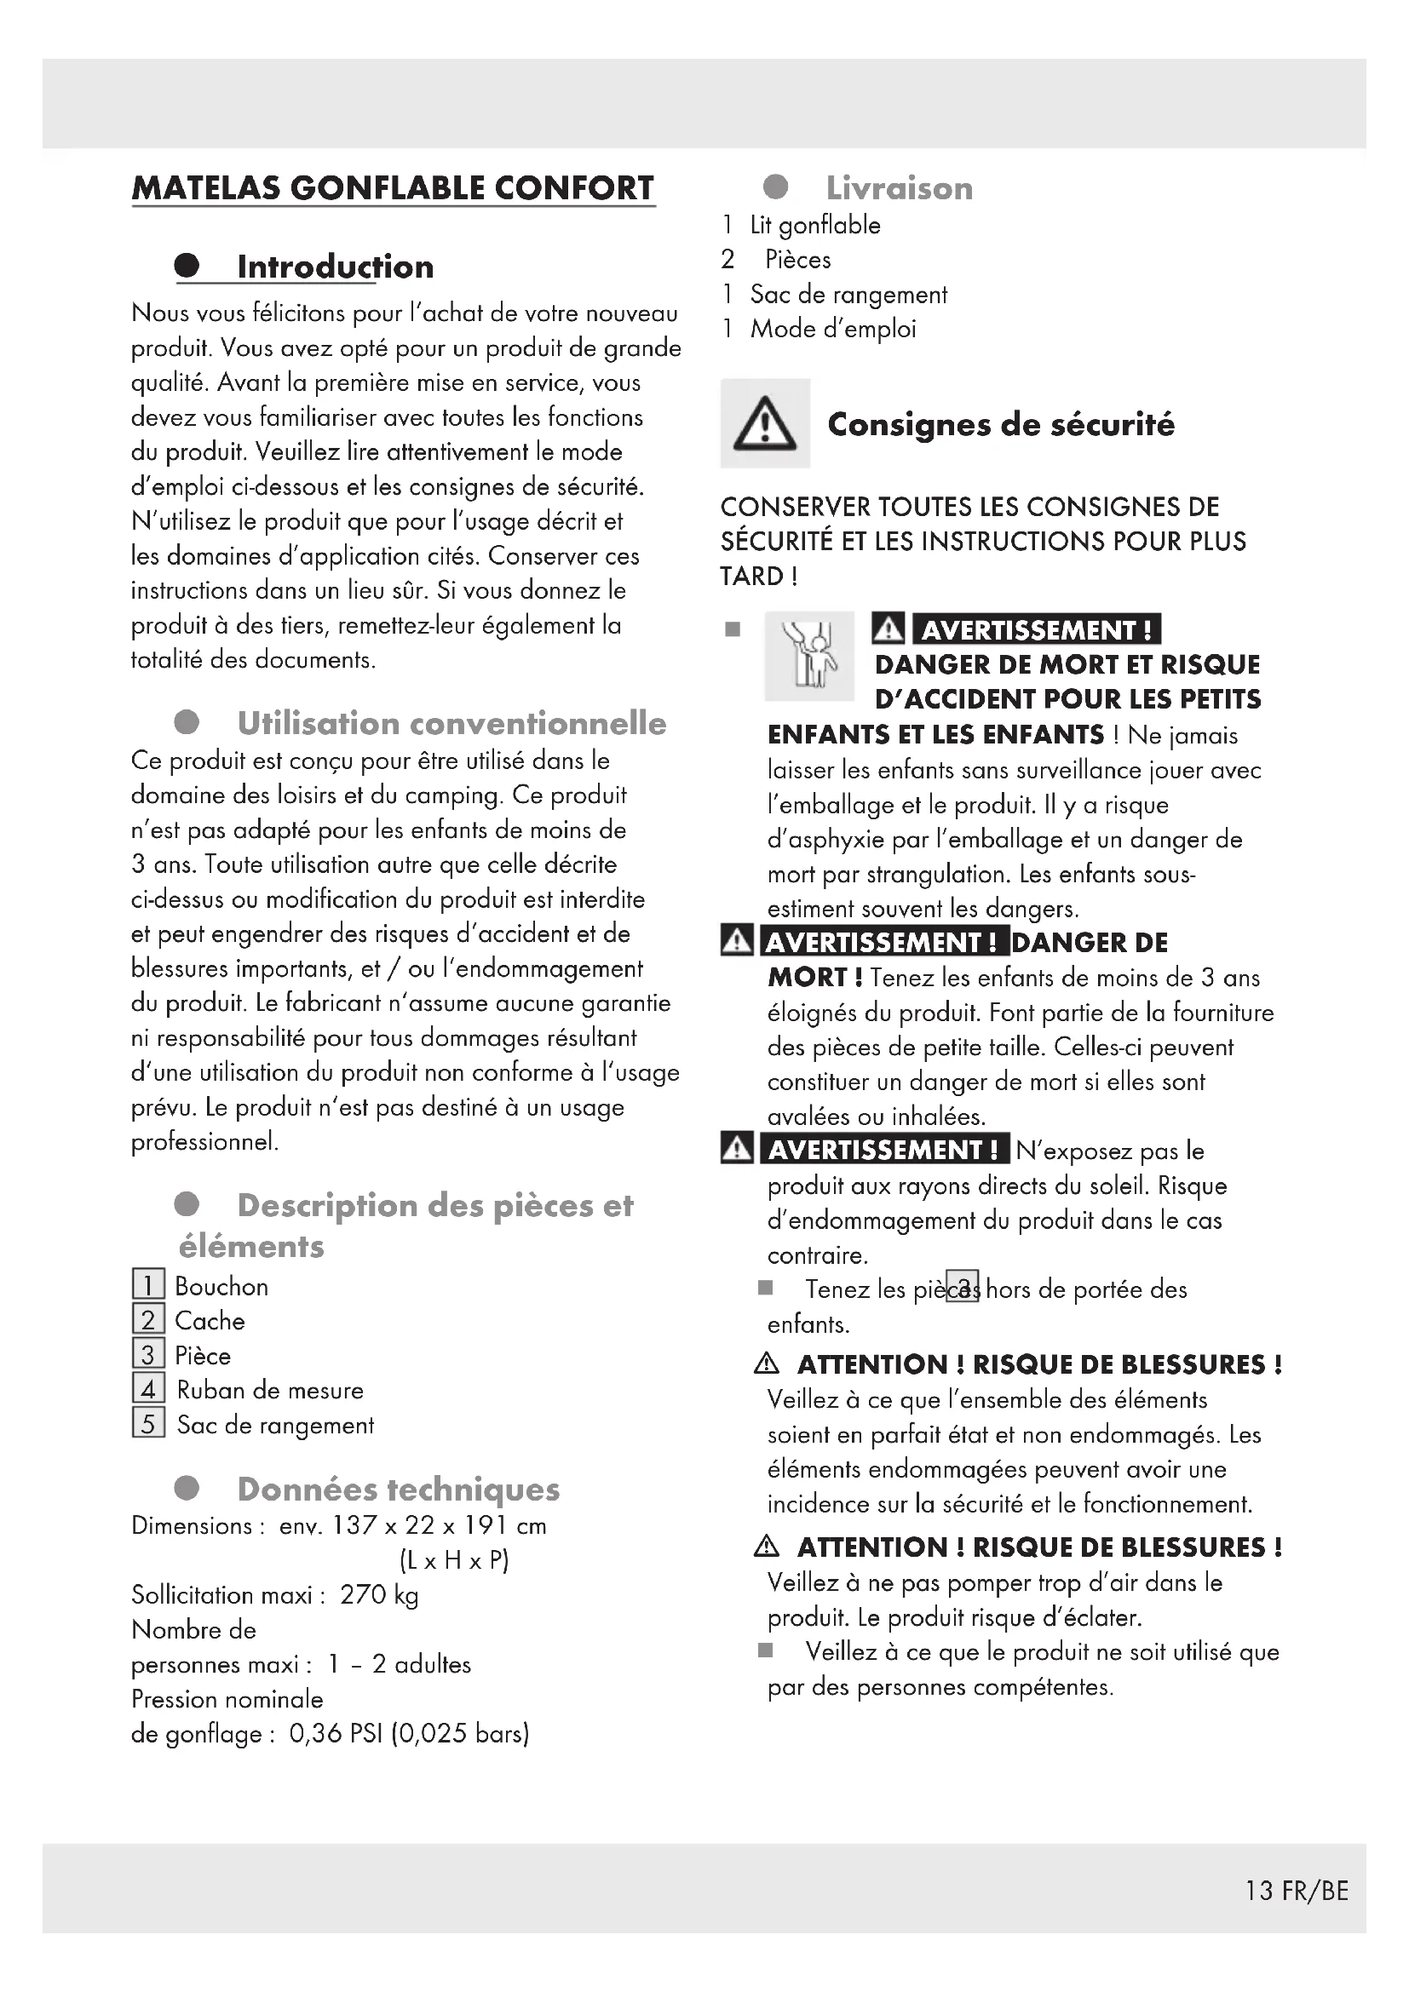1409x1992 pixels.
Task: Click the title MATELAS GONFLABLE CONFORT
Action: [x=393, y=188]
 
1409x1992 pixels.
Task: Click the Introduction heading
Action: [x=335, y=267]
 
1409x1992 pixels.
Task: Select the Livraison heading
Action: [x=899, y=188]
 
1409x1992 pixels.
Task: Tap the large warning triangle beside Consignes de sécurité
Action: [x=764, y=424]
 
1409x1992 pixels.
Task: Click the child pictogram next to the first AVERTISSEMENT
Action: [x=808, y=656]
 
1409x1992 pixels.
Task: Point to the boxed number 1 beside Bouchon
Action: [x=148, y=1285]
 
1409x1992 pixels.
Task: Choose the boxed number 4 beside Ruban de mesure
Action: [x=148, y=1389]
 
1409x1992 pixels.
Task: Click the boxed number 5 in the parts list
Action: [x=148, y=1424]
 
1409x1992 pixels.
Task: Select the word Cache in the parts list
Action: [x=210, y=1321]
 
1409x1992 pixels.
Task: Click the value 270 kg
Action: [x=379, y=1594]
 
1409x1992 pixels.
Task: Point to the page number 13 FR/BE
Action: [x=1297, y=1891]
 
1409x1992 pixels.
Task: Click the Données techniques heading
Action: [x=398, y=1489]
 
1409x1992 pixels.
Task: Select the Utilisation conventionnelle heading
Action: [x=451, y=723]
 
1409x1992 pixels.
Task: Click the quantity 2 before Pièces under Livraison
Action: [x=728, y=260]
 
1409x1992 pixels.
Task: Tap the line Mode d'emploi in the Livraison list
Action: [x=833, y=329]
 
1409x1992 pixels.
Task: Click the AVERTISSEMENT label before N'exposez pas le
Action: [x=884, y=1150]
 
